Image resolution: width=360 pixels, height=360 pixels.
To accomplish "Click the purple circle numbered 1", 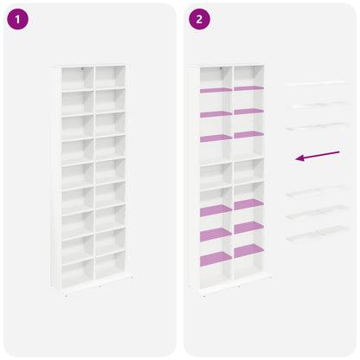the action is pyautogui.click(x=17, y=19).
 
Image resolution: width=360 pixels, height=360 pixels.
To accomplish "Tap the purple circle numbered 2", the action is pyautogui.click(x=199, y=19).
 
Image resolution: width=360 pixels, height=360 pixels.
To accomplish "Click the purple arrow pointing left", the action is pyautogui.click(x=318, y=156).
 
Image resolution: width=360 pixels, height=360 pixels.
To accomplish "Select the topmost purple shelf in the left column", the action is pyautogui.click(x=215, y=90).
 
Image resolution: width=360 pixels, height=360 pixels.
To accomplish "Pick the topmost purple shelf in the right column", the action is pyautogui.click(x=249, y=88).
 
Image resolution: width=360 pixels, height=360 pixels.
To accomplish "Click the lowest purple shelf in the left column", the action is pyautogui.click(x=215, y=259).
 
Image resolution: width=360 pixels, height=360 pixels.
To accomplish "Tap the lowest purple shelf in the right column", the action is pyautogui.click(x=249, y=251).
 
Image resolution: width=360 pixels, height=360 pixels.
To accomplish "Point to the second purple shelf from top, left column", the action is pyautogui.click(x=215, y=114).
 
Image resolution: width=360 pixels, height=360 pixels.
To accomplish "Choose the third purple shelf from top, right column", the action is pyautogui.click(x=249, y=134).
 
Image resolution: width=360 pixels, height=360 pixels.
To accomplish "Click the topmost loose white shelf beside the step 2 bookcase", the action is pyautogui.click(x=317, y=84).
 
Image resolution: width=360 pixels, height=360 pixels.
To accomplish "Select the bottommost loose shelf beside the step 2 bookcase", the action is pyautogui.click(x=318, y=234).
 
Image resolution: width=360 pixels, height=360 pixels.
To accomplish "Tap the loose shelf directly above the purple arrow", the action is pyautogui.click(x=318, y=126).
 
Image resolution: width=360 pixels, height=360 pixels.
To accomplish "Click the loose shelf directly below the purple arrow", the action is pyautogui.click(x=318, y=191).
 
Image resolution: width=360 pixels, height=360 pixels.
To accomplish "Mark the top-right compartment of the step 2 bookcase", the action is pyautogui.click(x=249, y=76).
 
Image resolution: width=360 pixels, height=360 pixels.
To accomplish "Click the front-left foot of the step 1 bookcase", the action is pyautogui.click(x=66, y=295).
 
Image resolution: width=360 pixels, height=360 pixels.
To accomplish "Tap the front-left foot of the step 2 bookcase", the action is pyautogui.click(x=204, y=295).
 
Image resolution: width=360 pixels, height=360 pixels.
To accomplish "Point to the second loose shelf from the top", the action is pyautogui.click(x=318, y=105).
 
